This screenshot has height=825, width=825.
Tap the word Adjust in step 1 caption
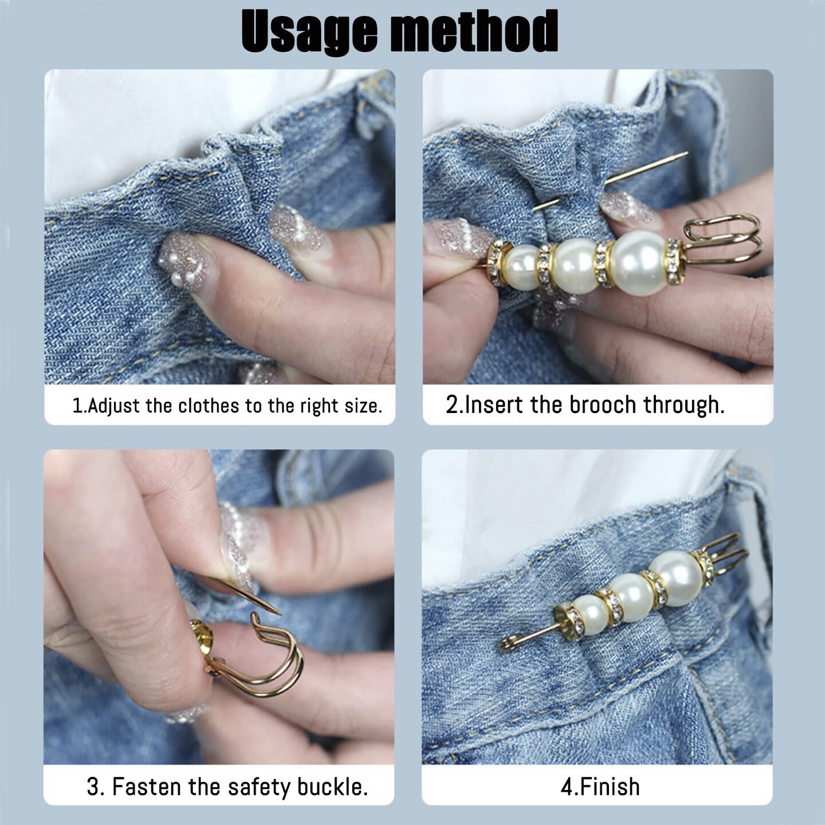113,406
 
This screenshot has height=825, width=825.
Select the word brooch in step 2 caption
603,405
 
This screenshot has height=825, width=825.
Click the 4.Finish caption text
600,787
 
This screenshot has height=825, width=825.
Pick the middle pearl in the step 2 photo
575,266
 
